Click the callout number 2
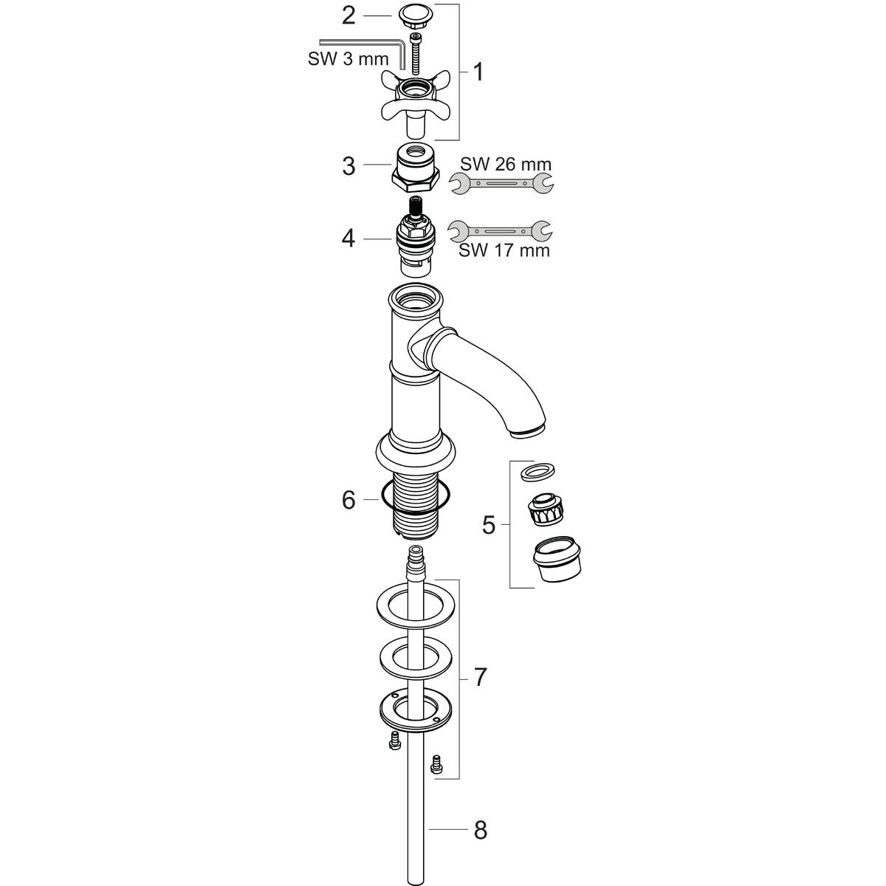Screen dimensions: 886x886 point(348,15)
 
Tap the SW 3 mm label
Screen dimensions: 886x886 point(348,59)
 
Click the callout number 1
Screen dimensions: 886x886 point(478,72)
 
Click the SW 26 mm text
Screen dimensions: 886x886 point(506,163)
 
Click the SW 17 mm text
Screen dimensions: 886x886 point(504,250)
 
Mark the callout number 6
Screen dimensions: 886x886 point(348,501)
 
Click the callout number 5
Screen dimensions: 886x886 point(489,525)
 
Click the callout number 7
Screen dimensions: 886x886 point(480,676)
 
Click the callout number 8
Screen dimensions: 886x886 point(480,831)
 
